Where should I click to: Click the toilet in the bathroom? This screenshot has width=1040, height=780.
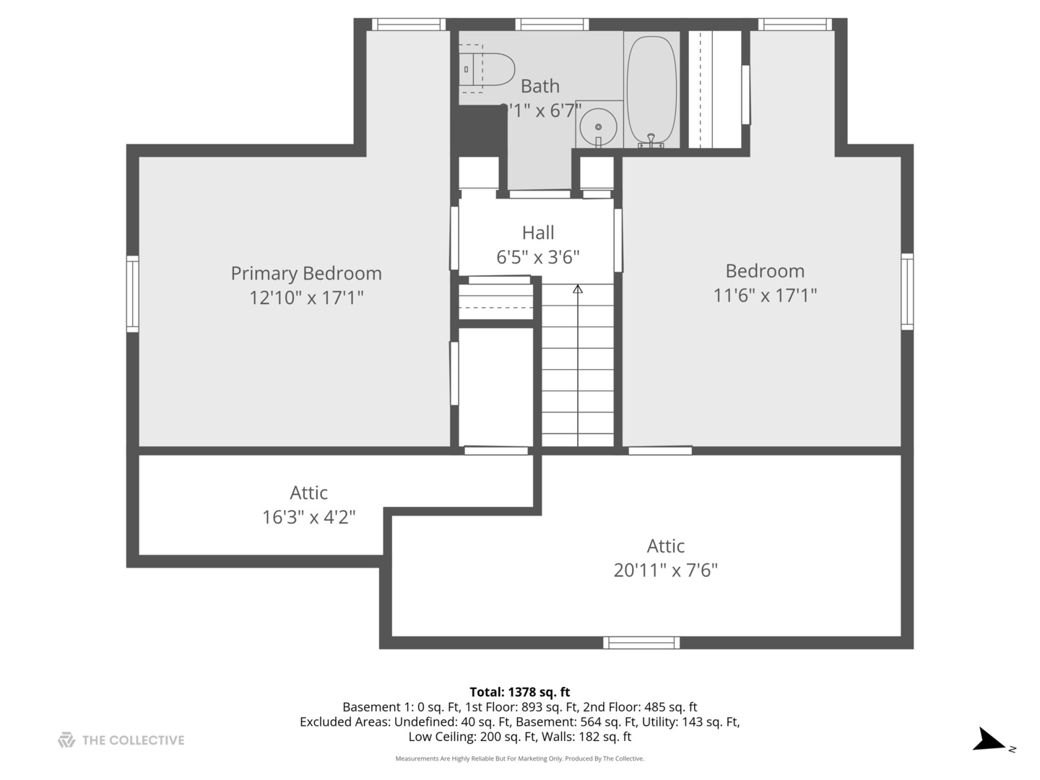coord(487,69)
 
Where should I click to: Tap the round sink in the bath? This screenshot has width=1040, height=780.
coord(599,127)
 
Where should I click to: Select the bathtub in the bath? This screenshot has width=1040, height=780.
coord(651,91)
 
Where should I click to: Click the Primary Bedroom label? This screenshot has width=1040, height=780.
coord(306,273)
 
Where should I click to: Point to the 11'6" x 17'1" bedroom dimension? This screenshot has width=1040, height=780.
coord(765,295)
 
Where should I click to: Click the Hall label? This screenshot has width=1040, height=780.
coord(538,233)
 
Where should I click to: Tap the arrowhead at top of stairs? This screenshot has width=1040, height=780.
coord(578,290)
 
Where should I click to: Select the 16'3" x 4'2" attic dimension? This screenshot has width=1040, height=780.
coord(308,517)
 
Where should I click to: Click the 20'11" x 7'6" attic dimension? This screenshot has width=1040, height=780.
coord(665,570)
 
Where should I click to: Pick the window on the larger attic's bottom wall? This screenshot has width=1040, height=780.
coord(641,643)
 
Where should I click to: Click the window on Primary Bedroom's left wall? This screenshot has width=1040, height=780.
coord(132,294)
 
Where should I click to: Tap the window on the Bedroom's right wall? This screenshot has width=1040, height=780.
coord(907,292)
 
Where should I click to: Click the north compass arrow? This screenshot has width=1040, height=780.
coord(989,741)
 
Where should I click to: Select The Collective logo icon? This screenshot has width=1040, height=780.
coord(66,740)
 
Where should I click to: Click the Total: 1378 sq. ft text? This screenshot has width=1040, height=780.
coord(519,692)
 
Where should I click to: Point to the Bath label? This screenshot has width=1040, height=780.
coord(539,86)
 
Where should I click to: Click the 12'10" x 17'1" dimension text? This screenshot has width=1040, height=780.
coord(306,298)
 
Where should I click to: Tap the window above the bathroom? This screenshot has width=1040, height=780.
coord(551,25)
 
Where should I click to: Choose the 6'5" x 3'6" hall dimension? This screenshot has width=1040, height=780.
coord(538,257)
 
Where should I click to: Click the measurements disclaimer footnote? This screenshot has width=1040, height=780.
coord(519,758)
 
